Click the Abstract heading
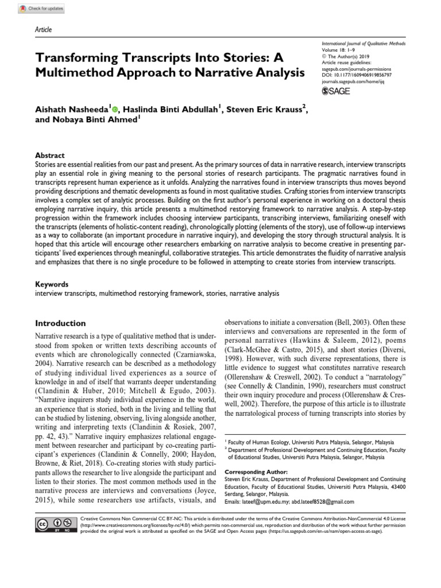(50, 156)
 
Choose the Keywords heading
(52, 284)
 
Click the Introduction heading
(61, 323)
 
